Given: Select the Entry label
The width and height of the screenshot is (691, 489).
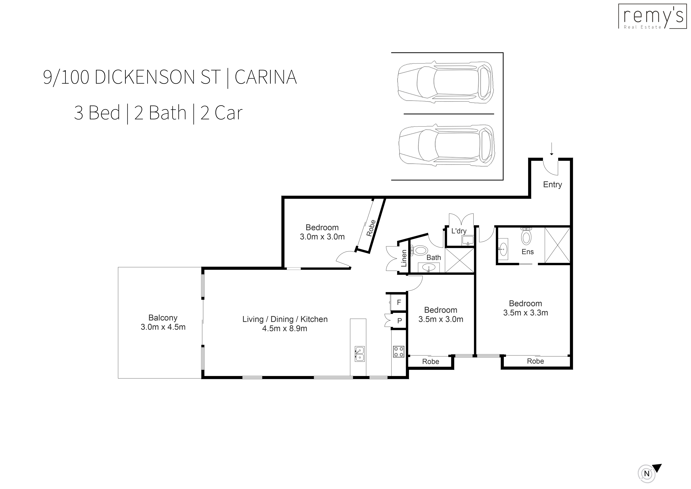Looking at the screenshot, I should click(x=552, y=185).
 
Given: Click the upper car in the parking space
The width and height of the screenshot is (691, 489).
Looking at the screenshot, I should click(x=445, y=83).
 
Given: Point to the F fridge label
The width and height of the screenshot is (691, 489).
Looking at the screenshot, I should click(x=399, y=302).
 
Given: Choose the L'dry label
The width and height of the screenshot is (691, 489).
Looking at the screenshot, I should click(x=459, y=231).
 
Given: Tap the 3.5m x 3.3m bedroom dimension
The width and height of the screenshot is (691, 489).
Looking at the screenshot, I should click(x=526, y=313).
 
